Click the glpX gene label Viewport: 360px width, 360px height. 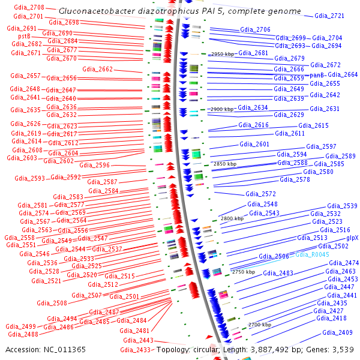tap(352, 238)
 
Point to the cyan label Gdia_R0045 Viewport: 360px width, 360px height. tap(312, 254)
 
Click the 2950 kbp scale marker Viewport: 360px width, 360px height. tap(221, 54)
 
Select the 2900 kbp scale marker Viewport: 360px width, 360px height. tap(221, 109)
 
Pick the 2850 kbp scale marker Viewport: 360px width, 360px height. tap(226, 163)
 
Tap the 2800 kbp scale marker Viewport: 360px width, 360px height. tap(232, 218)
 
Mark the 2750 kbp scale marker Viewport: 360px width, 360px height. tap(243, 272)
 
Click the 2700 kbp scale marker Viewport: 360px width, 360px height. tap(260, 324)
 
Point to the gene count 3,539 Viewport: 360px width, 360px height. tap(343, 349)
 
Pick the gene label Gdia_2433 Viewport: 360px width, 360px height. tap(135, 350)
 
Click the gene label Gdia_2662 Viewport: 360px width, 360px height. tap(97, 70)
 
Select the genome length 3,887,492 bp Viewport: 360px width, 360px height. tap(273, 349)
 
